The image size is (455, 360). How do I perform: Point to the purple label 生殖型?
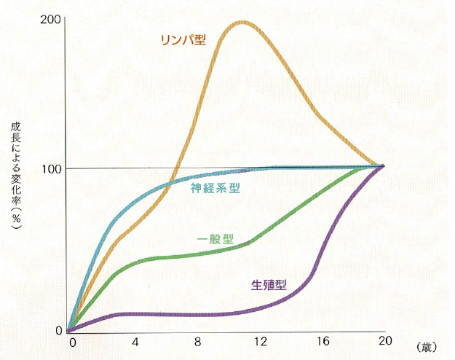click(x=269, y=284)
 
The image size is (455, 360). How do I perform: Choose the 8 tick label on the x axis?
click(x=197, y=341)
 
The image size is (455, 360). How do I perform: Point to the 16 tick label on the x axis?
click(x=322, y=341)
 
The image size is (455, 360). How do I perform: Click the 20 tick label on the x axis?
click(x=383, y=341)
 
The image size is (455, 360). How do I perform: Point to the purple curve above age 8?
click(x=197, y=314)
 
